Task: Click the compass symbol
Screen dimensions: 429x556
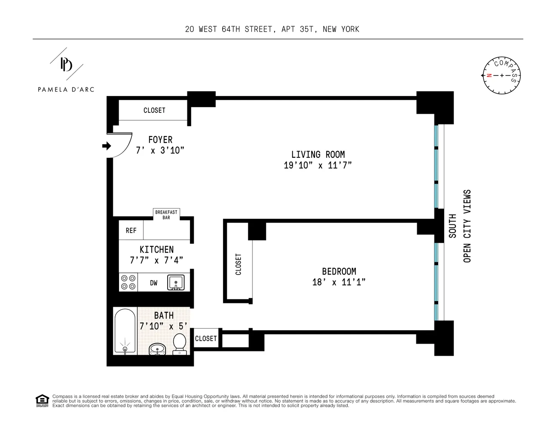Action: (501, 76)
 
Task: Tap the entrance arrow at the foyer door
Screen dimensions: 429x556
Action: (106, 146)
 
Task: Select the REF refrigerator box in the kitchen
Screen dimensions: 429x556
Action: (131, 231)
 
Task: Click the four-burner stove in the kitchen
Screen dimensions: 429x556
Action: (128, 283)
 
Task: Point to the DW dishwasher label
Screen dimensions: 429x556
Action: (153, 283)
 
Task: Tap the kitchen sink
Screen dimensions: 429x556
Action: (176, 283)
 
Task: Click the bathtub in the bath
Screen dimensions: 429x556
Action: (125, 331)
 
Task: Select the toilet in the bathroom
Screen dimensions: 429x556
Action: (179, 344)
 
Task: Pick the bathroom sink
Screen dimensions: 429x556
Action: (157, 349)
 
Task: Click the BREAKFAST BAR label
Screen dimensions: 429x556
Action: (166, 214)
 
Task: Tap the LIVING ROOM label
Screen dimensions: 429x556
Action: (318, 154)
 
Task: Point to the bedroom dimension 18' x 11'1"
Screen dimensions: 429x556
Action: (339, 282)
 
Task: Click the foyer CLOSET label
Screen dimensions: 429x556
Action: (154, 111)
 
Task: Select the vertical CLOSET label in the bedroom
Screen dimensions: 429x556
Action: (238, 264)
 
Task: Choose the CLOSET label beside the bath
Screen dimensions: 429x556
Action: (206, 338)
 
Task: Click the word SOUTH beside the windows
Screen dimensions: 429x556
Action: (452, 226)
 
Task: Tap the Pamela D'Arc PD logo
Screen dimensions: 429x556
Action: (66, 64)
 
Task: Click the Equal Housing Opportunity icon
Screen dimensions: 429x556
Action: (42, 401)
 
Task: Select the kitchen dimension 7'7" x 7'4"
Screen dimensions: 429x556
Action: (156, 260)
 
